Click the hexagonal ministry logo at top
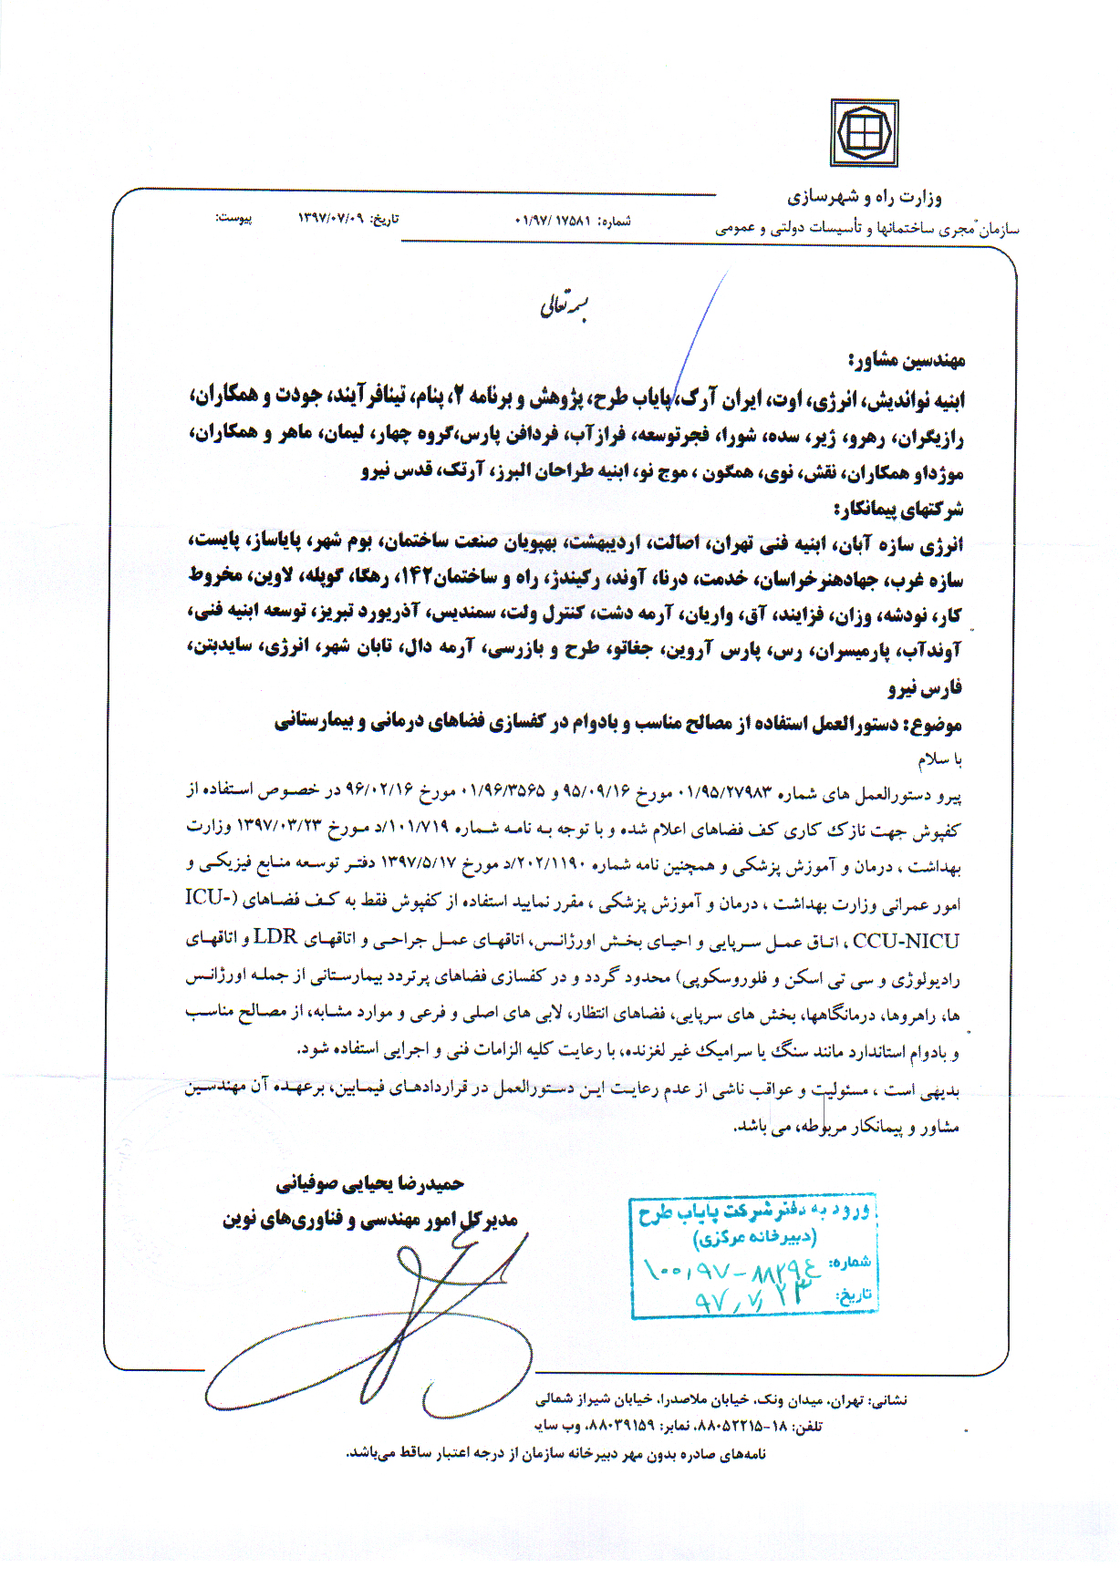(x=863, y=133)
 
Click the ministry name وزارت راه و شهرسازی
(x=865, y=197)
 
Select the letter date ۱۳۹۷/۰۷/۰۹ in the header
(x=330, y=219)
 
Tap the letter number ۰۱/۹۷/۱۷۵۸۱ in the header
(x=554, y=221)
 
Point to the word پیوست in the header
(x=233, y=219)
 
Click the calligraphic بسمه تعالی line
(x=565, y=306)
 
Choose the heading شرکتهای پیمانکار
(x=898, y=509)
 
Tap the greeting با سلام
(x=939, y=758)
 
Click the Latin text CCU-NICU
(x=906, y=942)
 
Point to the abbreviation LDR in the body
(x=275, y=937)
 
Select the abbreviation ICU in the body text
(x=207, y=898)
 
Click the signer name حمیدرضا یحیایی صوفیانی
(x=370, y=1184)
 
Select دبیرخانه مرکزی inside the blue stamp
(x=754, y=1238)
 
